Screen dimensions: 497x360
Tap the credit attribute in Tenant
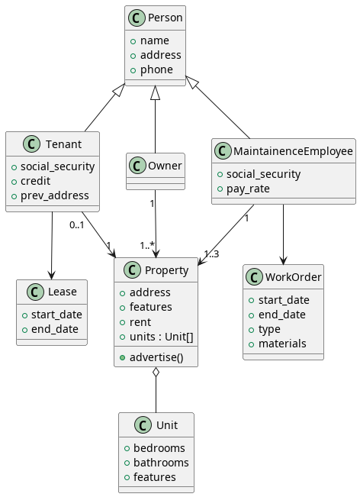point(36,181)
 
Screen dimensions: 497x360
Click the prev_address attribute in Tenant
point(54,195)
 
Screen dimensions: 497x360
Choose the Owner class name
point(165,166)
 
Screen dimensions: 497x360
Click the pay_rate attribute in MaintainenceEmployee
point(248,189)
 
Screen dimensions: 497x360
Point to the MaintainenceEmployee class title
point(294,151)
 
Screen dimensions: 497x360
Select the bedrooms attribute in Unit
point(159,448)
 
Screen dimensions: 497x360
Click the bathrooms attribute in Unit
point(161,463)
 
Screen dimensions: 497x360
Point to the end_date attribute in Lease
point(56,329)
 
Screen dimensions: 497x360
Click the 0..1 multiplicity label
point(76,224)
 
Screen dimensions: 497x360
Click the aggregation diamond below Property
point(156,373)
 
